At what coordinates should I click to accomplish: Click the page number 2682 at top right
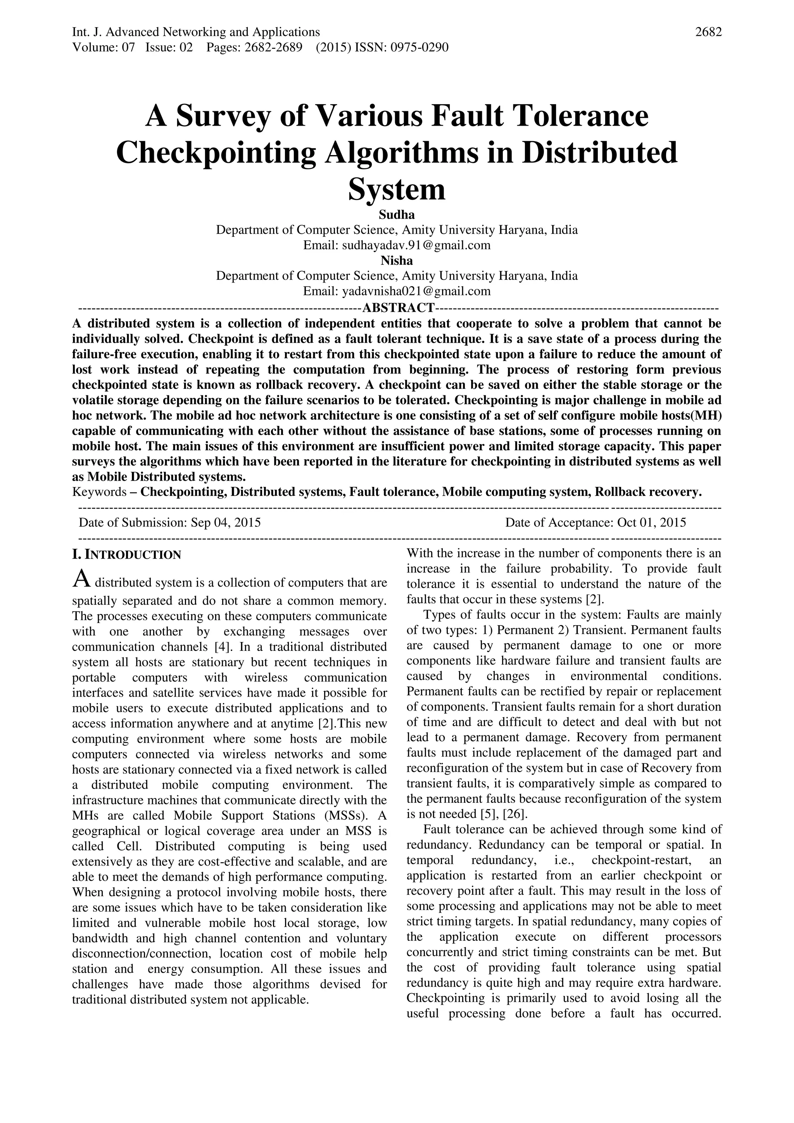[708, 32]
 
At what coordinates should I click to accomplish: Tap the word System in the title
[397, 189]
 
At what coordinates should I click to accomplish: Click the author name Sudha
[397, 214]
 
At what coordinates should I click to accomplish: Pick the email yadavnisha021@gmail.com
[416, 291]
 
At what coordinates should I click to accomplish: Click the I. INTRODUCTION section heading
[127, 555]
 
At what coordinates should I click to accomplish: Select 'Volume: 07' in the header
[103, 47]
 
